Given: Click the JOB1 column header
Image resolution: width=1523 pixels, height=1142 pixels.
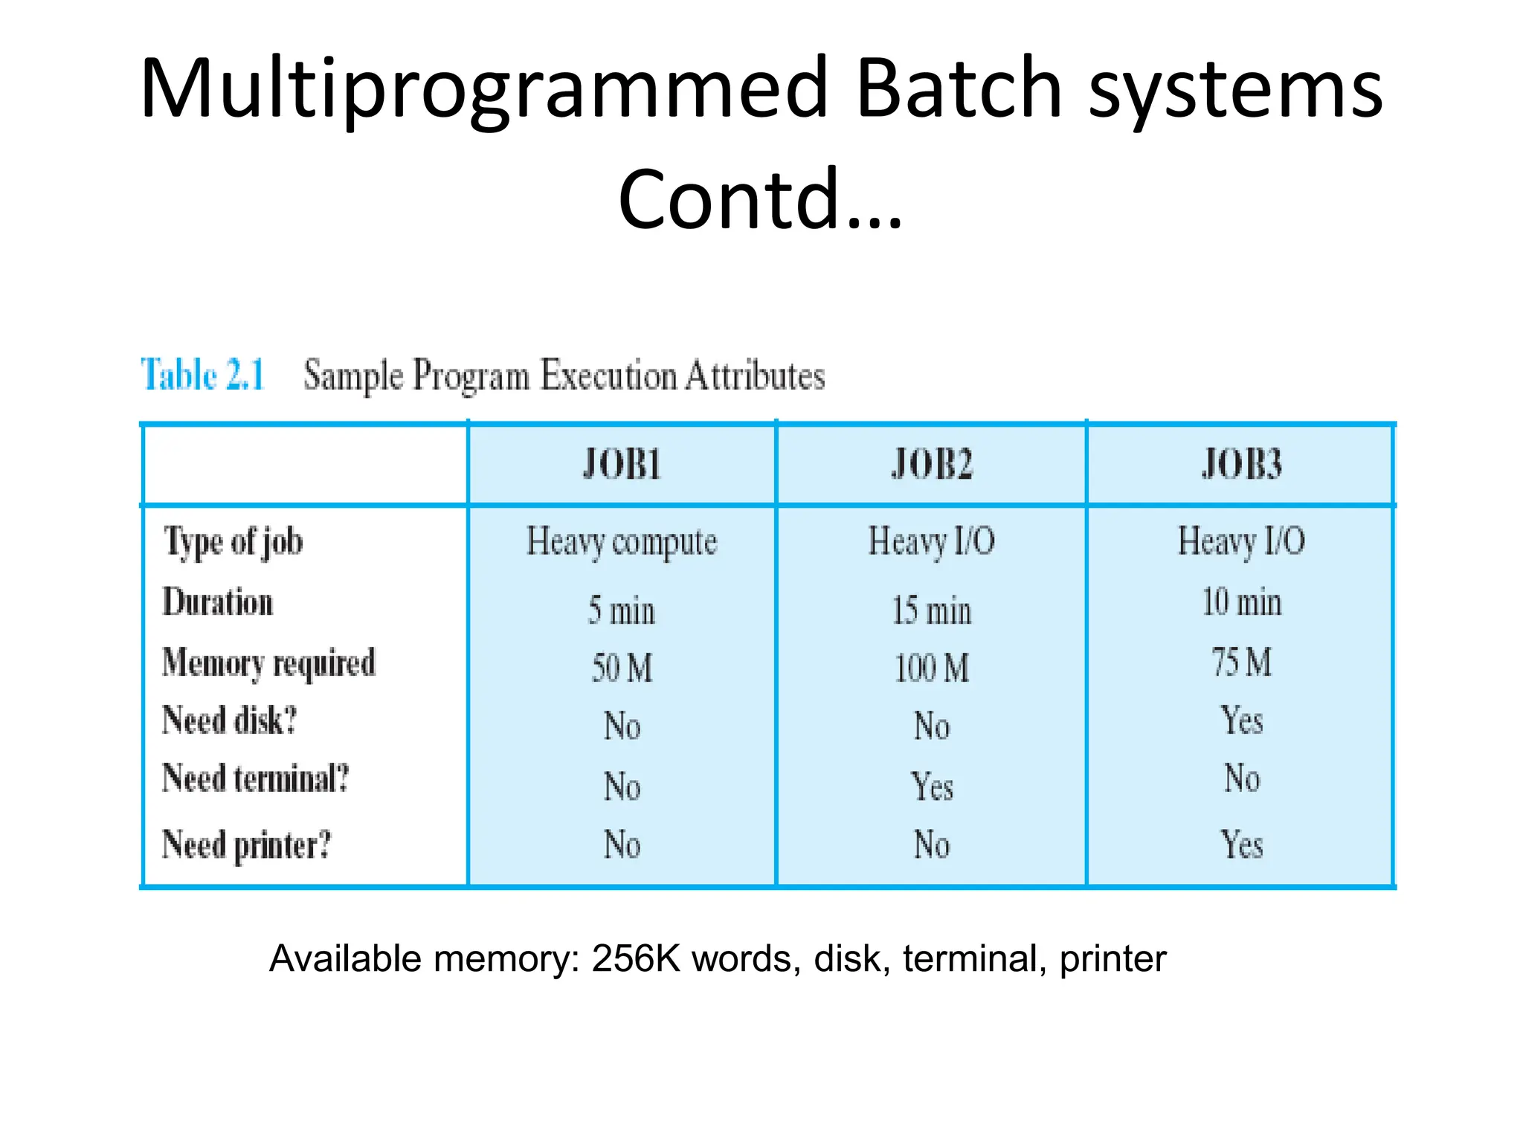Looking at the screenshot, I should point(622,465).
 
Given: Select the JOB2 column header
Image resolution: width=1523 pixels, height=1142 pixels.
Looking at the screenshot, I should point(931,465).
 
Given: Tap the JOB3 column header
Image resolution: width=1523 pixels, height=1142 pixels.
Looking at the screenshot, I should point(1241,465).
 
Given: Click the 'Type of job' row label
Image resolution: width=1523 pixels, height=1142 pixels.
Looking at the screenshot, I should point(234,542).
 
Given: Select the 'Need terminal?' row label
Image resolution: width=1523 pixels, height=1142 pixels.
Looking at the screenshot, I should point(256,779).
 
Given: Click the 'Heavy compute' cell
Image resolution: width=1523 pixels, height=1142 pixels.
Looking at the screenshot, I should point(622,542).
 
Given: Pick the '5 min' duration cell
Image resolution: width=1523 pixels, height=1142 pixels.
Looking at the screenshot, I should point(622,611).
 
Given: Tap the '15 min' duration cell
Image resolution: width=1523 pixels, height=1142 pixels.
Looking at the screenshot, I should point(931,611).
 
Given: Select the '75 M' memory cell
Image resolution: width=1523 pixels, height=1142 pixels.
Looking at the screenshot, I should point(1241,662).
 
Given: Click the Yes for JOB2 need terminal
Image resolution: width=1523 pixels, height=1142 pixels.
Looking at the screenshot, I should point(932,787).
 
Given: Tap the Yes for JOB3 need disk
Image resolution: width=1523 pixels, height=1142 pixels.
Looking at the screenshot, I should point(1241,720).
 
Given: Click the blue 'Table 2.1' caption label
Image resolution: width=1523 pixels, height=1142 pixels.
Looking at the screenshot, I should point(202,375).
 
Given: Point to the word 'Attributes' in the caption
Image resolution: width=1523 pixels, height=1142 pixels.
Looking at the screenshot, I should point(754,375).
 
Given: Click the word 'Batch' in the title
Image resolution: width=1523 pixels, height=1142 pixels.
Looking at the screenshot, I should point(958,89).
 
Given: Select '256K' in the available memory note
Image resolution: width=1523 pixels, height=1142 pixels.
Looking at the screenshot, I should point(636,959).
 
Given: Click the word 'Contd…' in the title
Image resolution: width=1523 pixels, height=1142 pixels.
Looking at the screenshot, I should point(760,199).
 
